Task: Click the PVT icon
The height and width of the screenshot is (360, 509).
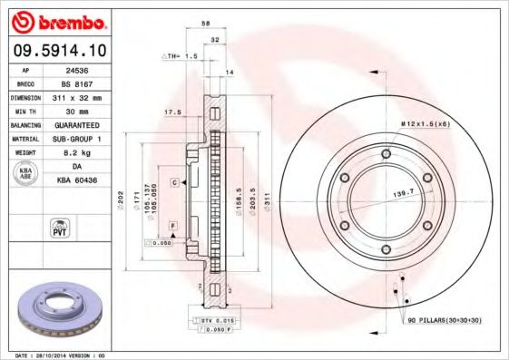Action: coord(56,227)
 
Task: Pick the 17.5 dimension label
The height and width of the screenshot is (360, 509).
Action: coord(170,112)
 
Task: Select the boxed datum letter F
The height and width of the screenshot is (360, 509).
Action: coord(171,224)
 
